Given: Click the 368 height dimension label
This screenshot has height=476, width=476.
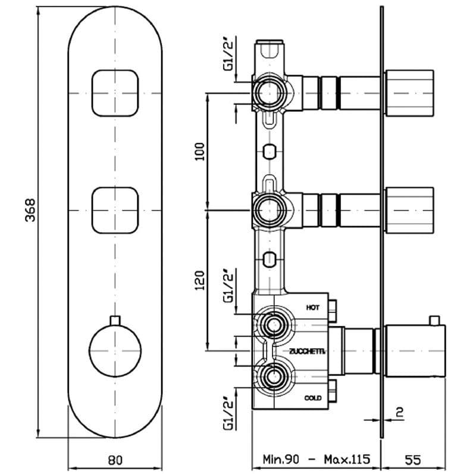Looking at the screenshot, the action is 30,210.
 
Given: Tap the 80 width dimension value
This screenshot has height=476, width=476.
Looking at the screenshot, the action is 115,460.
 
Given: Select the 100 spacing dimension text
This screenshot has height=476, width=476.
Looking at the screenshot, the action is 199,152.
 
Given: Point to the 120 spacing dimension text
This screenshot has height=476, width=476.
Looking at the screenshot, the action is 199,280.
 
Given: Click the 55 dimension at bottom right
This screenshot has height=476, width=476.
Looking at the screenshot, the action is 413,460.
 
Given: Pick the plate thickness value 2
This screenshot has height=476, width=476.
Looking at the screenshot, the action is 400,412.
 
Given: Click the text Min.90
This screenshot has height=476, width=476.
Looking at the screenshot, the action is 281,459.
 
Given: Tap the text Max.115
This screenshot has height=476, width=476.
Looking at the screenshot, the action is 347,459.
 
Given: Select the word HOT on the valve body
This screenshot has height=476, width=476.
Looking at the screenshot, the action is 313,308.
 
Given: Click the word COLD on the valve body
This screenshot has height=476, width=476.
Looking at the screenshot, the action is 313,398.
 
